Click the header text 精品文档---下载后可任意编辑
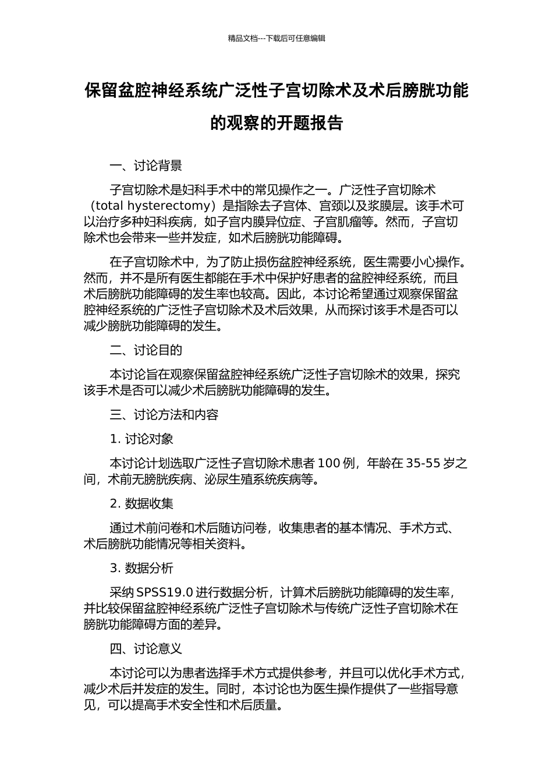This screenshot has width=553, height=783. (276, 38)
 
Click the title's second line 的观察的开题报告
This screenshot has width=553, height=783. (276, 124)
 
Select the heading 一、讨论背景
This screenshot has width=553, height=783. (146, 166)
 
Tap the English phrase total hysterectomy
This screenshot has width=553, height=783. (152, 206)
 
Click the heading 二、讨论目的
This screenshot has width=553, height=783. (146, 350)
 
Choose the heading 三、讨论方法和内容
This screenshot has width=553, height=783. (164, 415)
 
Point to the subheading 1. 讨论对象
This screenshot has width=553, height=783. (141, 439)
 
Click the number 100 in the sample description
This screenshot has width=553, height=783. (329, 464)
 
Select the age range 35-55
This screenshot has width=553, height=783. (423, 464)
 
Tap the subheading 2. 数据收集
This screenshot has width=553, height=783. (141, 504)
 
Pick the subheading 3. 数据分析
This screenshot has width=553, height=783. (141, 569)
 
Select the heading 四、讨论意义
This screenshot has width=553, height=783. (146, 649)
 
